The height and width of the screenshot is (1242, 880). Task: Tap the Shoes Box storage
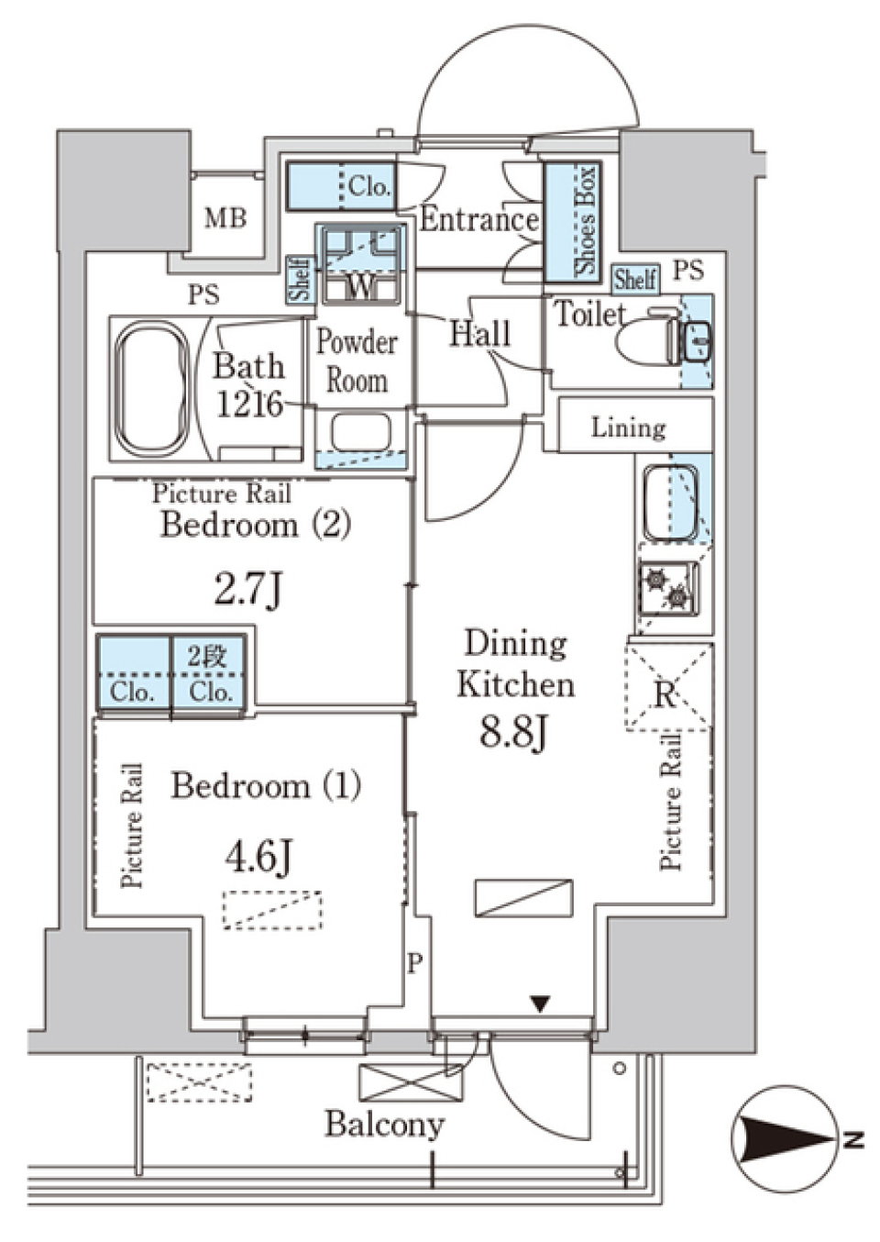coord(572,222)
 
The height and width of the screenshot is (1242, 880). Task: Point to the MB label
coord(225,218)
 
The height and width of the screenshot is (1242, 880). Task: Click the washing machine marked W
coord(361,264)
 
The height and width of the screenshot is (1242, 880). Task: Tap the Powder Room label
coord(357,362)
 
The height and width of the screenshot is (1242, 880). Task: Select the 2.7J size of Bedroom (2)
coord(248,592)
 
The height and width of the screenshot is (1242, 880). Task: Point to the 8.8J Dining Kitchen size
coord(513,733)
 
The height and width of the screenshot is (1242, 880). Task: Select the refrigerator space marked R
coord(667,687)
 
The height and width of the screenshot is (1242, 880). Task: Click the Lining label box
coord(635,425)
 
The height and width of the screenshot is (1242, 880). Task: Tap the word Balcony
coord(385,1122)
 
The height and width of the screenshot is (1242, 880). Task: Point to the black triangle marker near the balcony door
coord(539,1004)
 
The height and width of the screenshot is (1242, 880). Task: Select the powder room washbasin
coord(362,432)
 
